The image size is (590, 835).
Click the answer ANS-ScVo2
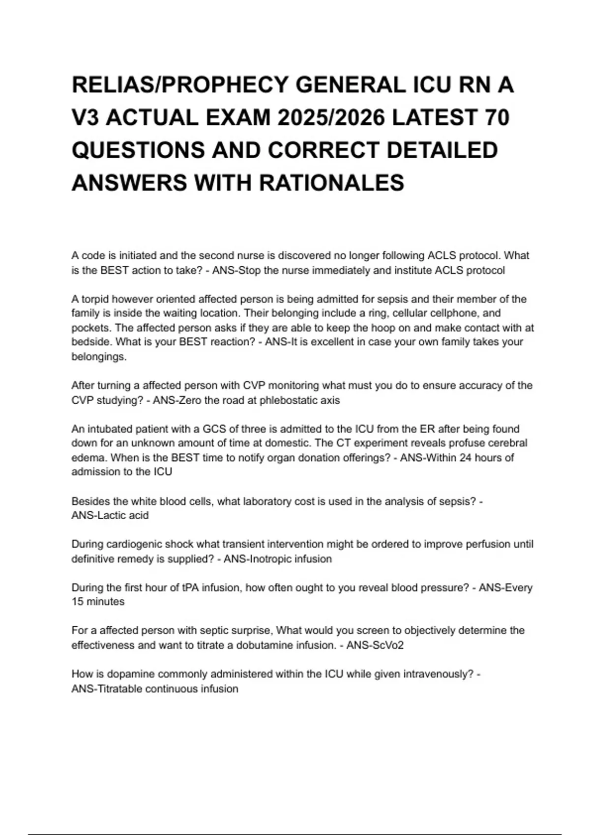coord(375,645)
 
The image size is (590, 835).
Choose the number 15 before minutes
coord(78,602)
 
